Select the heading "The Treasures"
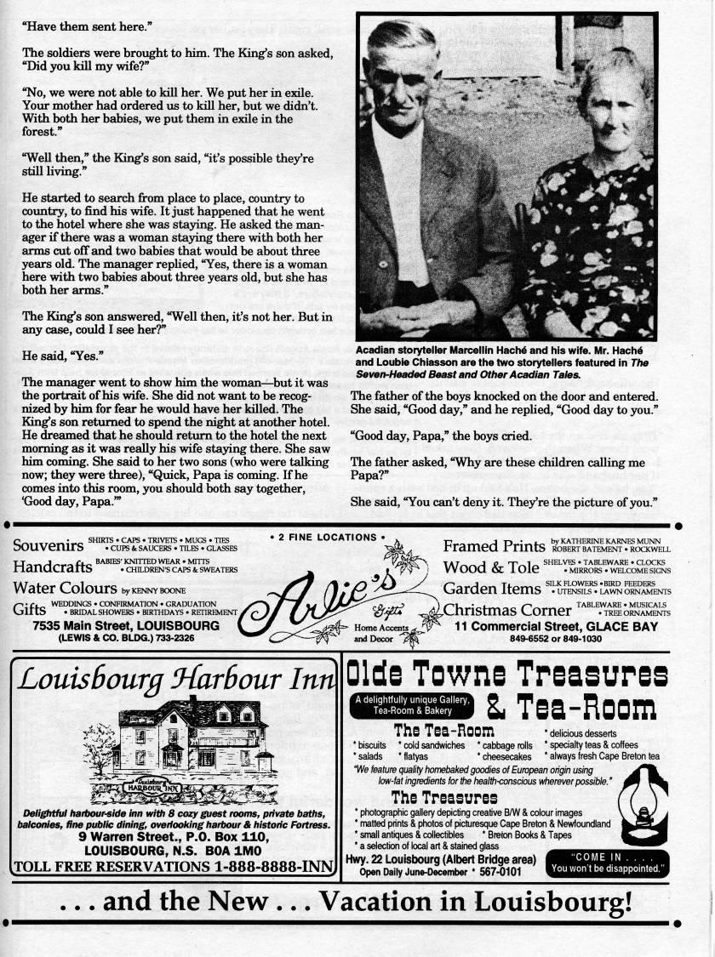444,797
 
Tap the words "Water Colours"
65,588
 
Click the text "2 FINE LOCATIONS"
327,537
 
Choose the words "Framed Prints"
494,546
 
